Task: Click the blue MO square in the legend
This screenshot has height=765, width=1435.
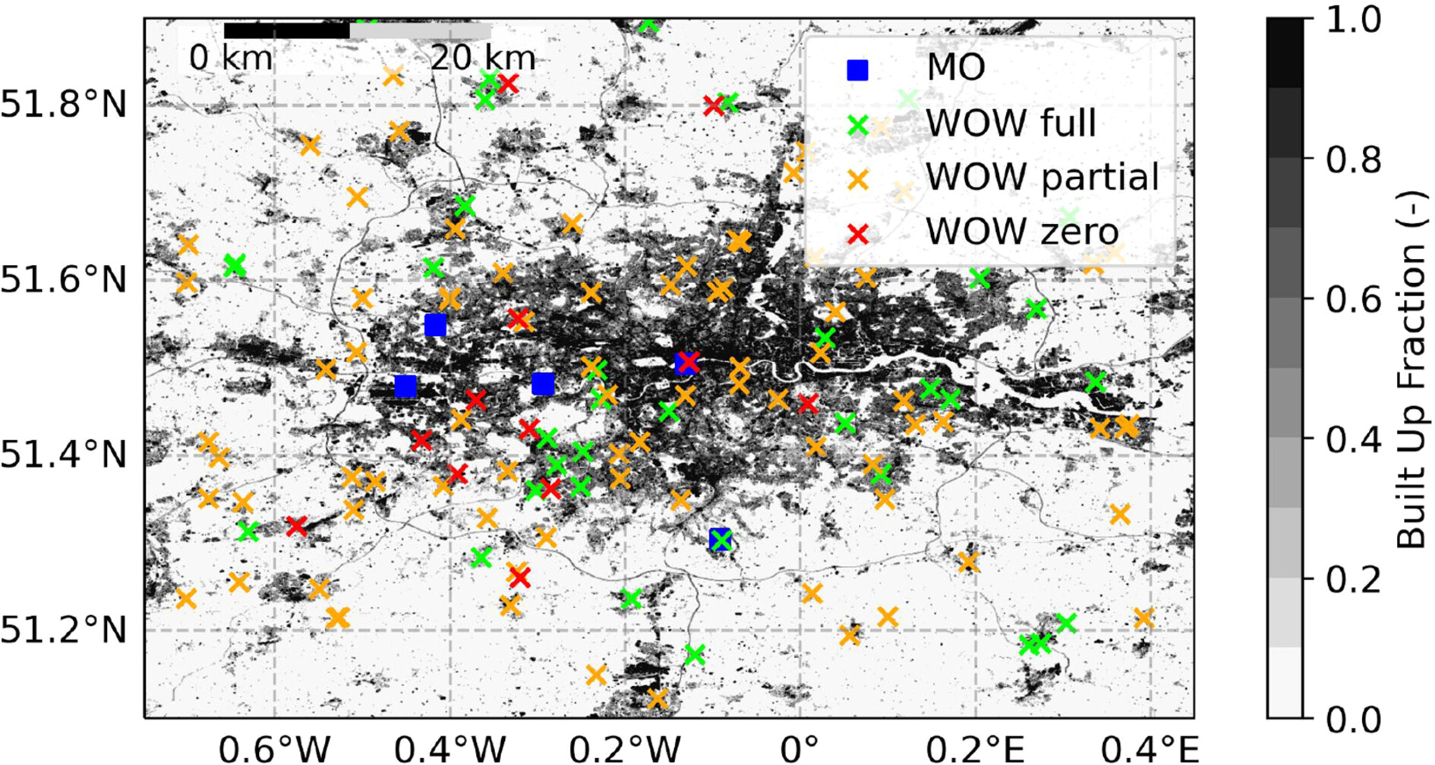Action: [x=857, y=70]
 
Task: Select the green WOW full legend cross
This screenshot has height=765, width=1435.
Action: [x=857, y=125]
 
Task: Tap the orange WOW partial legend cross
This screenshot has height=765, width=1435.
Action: [x=857, y=180]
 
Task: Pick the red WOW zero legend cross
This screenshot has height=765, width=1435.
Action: [x=857, y=234]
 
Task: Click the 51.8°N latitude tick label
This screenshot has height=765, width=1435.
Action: [x=64, y=104]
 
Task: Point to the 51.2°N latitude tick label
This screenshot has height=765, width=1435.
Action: [x=64, y=631]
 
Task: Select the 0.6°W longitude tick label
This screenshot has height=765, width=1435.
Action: [x=274, y=750]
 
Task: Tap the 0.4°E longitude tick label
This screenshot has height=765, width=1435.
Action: [x=1150, y=750]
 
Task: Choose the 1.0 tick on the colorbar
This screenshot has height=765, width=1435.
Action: [x=1354, y=20]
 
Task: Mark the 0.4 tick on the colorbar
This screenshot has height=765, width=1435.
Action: [x=1354, y=439]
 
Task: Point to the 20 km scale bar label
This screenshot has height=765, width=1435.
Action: [x=483, y=58]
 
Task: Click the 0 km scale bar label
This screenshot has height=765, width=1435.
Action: [x=230, y=58]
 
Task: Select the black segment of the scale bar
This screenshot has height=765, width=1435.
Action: [x=287, y=31]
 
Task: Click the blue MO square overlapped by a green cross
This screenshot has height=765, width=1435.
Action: [x=720, y=540]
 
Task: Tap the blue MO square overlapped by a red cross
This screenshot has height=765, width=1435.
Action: [x=686, y=364]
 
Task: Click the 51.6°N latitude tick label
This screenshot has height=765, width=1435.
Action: [x=64, y=280]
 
